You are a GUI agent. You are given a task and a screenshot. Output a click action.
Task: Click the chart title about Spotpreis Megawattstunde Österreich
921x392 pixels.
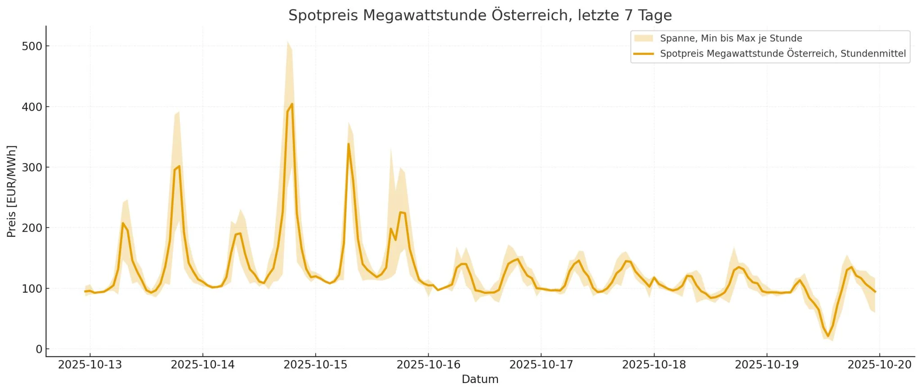(480, 15)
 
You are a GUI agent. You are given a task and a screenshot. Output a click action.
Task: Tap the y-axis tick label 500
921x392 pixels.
(32, 46)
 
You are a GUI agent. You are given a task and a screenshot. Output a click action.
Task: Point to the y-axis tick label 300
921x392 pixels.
(32, 167)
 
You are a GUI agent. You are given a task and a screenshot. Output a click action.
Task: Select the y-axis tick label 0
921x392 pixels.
(39, 349)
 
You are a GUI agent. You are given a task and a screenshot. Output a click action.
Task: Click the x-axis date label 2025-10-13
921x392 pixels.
(90, 365)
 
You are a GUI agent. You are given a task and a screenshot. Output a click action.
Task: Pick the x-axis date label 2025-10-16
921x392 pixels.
(428, 365)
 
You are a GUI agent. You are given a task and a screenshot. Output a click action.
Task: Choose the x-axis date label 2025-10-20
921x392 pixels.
(880, 365)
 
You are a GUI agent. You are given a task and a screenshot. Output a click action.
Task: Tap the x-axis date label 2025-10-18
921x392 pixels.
(654, 365)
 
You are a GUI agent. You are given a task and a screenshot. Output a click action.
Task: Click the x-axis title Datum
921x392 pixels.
(480, 379)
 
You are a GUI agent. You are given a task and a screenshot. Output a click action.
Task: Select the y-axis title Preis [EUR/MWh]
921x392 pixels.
(12, 191)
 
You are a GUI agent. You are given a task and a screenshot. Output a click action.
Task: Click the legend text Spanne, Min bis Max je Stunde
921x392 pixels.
(731, 39)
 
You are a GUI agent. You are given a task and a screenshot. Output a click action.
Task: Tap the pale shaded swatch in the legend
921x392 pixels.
(643, 39)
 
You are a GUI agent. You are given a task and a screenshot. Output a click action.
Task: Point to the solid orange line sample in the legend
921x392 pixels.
(643, 54)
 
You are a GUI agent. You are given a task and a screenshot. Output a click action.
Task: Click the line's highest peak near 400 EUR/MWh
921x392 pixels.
(291, 104)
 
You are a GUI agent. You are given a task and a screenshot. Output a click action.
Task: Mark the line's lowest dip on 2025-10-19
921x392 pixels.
(828, 336)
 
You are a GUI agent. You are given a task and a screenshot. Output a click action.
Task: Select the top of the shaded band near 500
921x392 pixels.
(288, 42)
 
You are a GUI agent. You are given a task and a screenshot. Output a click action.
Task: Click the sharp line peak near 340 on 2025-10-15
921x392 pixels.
(349, 144)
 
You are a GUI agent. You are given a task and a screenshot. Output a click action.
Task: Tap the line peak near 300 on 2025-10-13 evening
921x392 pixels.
(179, 166)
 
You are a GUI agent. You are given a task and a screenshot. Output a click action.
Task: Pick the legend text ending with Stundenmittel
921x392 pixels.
(782, 54)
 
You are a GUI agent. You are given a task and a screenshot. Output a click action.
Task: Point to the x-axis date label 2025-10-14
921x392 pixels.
(203, 365)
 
